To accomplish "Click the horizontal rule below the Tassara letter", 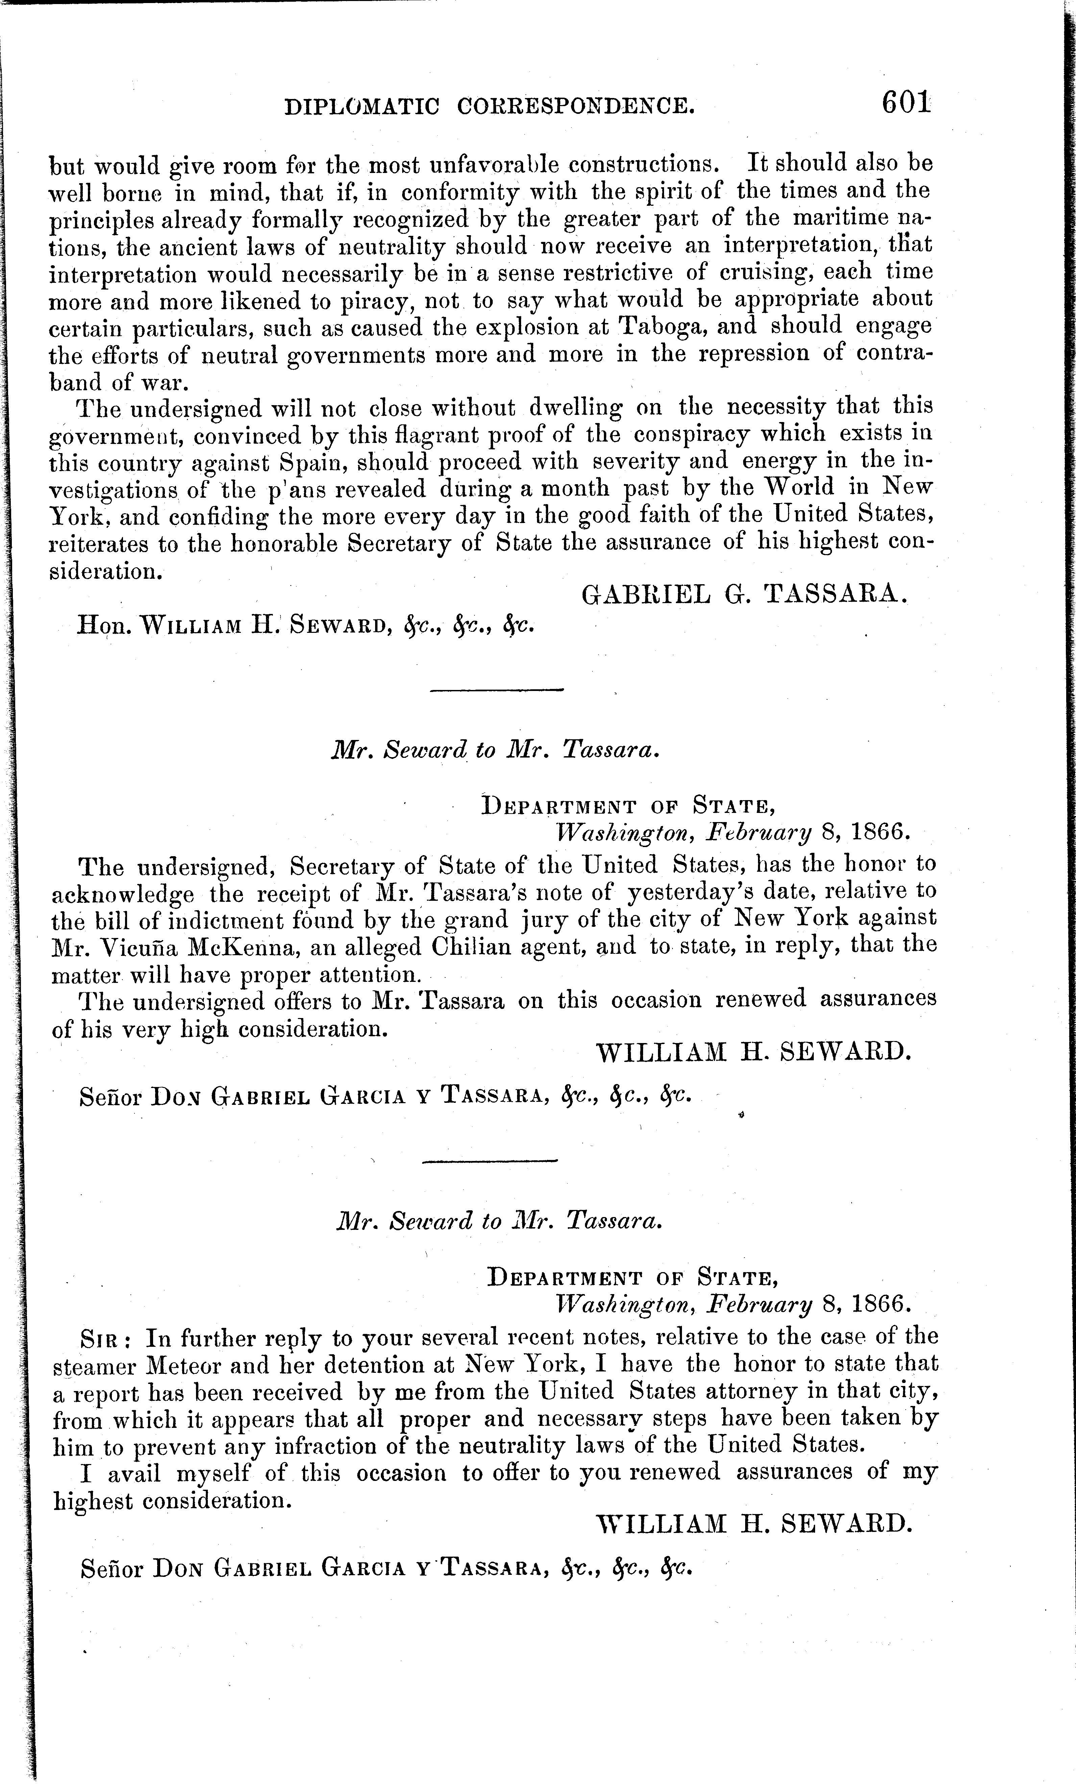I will tap(497, 690).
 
